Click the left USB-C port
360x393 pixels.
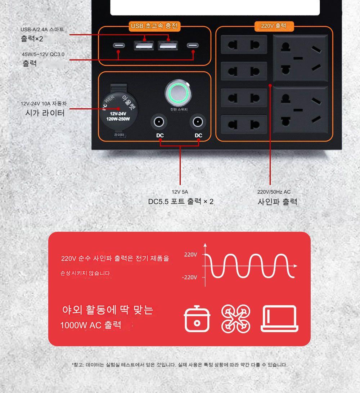click(x=119, y=46)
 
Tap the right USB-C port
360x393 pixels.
click(x=193, y=46)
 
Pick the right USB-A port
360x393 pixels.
click(x=168, y=46)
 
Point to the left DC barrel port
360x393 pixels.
click(x=158, y=122)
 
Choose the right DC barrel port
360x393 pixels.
click(x=197, y=122)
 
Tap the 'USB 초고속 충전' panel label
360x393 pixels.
click(x=154, y=26)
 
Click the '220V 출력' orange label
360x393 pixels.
click(x=274, y=26)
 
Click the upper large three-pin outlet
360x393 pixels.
click(x=301, y=58)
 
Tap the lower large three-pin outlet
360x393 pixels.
click(x=301, y=110)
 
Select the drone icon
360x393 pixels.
click(x=235, y=319)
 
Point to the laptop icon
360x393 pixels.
click(x=280, y=319)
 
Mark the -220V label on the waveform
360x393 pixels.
click(x=189, y=277)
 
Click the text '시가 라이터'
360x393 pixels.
click(x=45, y=113)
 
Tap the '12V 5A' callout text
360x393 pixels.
click(x=180, y=192)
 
